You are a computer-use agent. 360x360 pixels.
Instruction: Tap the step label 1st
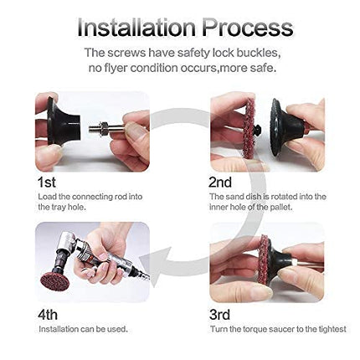tap(48, 180)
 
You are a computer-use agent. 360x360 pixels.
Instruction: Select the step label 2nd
tap(220, 180)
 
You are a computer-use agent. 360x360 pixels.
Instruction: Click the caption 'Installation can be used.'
tap(83, 329)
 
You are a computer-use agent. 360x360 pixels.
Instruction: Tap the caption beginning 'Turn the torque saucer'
tap(277, 329)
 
